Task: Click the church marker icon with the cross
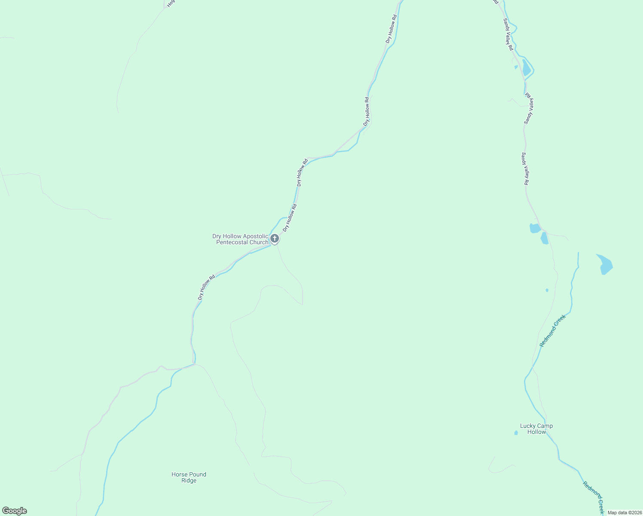click(275, 238)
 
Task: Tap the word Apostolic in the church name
click(256, 236)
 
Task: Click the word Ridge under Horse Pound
click(189, 481)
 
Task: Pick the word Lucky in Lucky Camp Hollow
click(527, 426)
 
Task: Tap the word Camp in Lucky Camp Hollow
click(545, 426)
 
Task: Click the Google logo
click(15, 511)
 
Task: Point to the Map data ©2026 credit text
click(625, 513)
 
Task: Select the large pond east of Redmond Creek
click(605, 264)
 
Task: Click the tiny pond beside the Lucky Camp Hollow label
click(516, 433)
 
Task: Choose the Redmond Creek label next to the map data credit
click(594, 498)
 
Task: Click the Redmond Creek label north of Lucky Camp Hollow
click(553, 331)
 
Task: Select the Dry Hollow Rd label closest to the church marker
click(290, 218)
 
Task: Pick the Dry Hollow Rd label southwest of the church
click(206, 287)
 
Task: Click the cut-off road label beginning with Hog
click(171, 3)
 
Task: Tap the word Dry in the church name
click(217, 236)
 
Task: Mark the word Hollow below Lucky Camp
click(536, 432)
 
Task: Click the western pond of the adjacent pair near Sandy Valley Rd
click(534, 228)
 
